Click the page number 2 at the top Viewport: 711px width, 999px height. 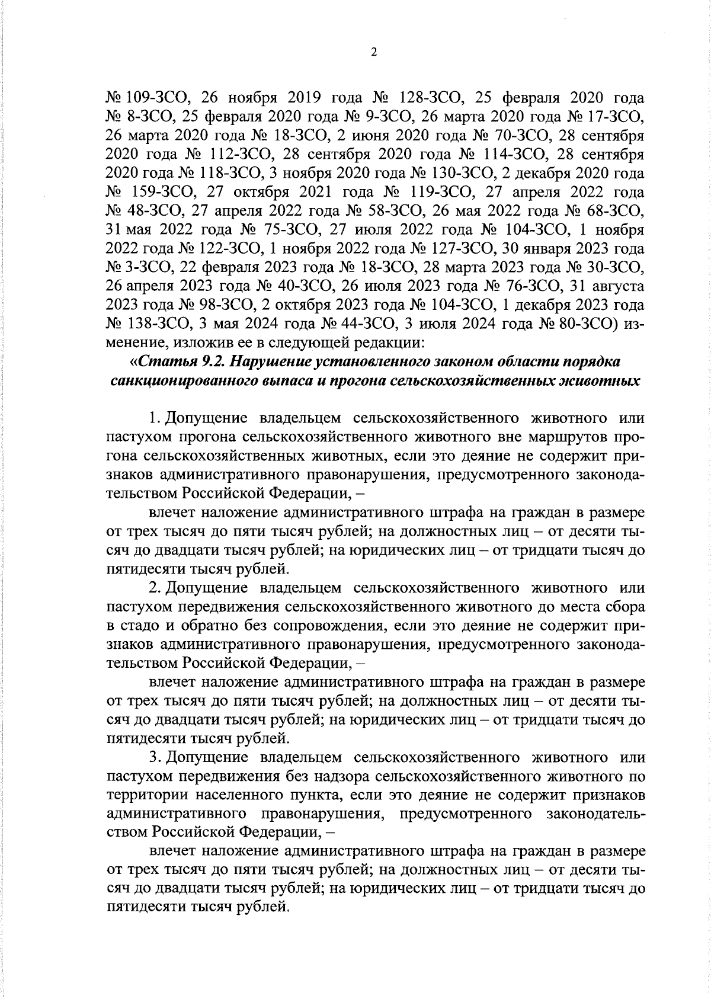pos(373,53)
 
